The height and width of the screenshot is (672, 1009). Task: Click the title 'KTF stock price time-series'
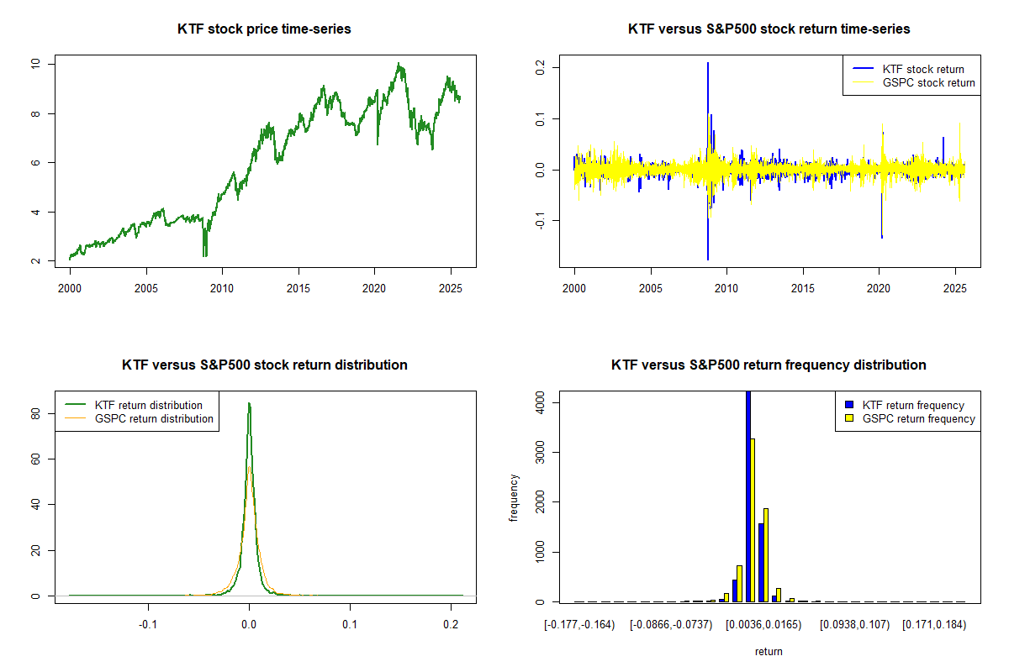pos(264,29)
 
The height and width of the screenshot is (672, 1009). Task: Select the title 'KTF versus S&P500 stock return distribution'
pos(264,365)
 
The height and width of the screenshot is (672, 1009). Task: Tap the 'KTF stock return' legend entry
pos(922,69)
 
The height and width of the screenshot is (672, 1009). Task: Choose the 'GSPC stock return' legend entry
pos(928,82)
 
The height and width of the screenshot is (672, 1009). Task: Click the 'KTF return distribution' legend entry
pos(148,405)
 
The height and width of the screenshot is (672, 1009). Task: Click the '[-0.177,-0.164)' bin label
pos(579,625)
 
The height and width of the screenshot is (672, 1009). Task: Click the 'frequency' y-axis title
pos(514,497)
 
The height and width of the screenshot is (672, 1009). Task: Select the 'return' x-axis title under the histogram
pos(769,651)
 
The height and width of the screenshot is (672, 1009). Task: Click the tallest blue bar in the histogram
pos(748,496)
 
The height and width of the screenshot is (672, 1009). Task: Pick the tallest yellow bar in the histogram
pos(753,521)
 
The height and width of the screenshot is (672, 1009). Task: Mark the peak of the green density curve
pos(249,403)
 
